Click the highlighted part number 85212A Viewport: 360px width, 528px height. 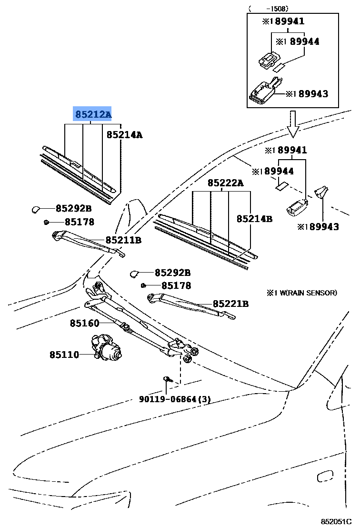tap(93, 114)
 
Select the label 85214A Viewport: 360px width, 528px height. tap(124, 135)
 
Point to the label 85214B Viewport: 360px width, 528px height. tap(254, 219)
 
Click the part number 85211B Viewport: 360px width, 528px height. tap(123, 240)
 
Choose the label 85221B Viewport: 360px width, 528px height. tap(230, 304)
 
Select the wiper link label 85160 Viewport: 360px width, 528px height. tap(84, 323)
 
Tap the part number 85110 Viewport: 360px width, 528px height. tap(64, 355)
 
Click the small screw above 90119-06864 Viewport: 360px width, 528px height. tap(167, 379)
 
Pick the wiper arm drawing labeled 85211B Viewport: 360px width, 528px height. tap(86, 241)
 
